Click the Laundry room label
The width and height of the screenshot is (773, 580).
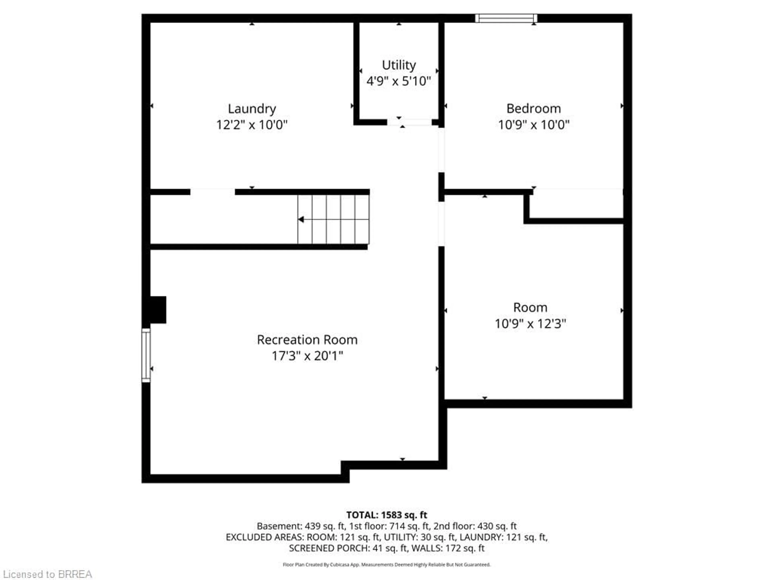tap(252, 109)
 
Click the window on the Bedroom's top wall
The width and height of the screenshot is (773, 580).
tap(506, 18)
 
